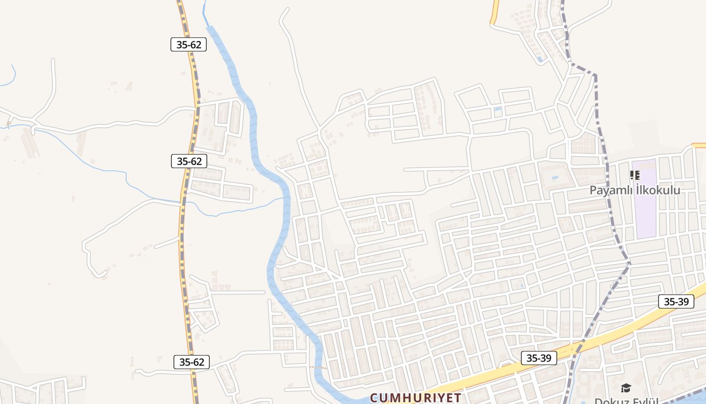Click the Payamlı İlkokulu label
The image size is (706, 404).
tap(635, 190)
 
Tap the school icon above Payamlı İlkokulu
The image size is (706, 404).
tap(635, 175)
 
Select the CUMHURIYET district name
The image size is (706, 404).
tap(416, 397)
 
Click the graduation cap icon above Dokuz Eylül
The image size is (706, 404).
tap(626, 388)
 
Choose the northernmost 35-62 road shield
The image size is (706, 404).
tap(189, 44)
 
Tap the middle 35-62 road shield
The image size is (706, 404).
tap(189, 161)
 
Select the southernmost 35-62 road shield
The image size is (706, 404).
tap(192, 362)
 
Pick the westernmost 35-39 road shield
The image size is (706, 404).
tap(539, 358)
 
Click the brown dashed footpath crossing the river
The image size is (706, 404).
tap(318, 367)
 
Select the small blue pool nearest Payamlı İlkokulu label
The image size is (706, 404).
tap(555, 178)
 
